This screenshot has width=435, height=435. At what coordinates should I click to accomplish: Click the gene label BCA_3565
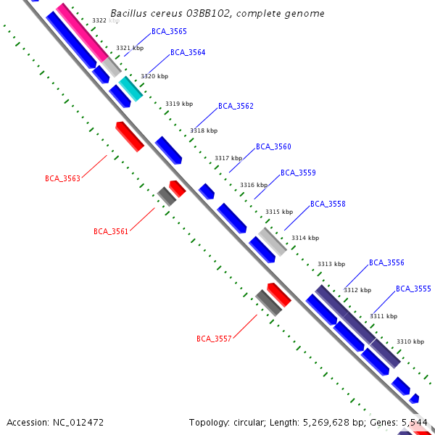(169, 32)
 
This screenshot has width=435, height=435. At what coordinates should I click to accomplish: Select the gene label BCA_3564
(188, 53)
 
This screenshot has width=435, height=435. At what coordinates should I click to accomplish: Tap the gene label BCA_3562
(236, 107)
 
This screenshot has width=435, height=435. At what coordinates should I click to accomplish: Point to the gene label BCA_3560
(273, 147)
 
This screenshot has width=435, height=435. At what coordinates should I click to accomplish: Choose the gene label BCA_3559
(298, 173)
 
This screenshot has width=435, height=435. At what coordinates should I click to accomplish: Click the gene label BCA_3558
(328, 204)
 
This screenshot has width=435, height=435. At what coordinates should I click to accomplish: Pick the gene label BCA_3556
(386, 263)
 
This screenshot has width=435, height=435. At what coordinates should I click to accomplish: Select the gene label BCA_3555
(413, 289)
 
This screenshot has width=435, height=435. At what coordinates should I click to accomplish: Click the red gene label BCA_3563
(62, 178)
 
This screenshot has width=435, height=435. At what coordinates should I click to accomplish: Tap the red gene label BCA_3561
(111, 232)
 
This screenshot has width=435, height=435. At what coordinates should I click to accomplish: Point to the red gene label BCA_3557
(214, 339)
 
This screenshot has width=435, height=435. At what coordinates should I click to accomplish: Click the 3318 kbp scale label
(204, 131)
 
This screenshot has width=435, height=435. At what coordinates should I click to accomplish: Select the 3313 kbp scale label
(331, 264)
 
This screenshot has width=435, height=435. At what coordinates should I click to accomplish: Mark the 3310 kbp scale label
(410, 341)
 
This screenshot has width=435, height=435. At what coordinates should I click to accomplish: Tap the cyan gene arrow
(131, 88)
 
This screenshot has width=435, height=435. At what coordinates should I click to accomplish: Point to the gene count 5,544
(414, 422)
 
